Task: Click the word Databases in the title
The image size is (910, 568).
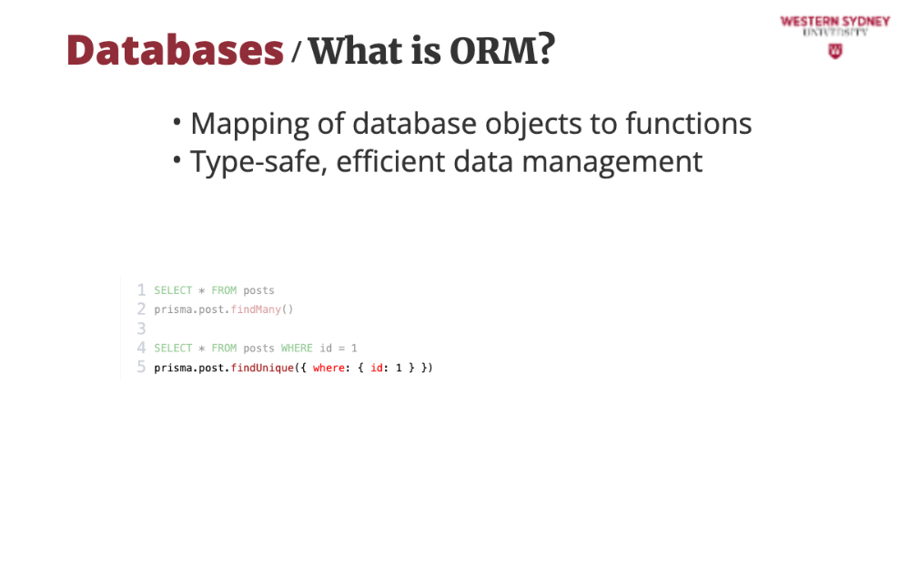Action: (175, 50)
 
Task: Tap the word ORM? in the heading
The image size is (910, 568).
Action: (502, 50)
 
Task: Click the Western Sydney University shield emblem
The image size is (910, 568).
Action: (835, 51)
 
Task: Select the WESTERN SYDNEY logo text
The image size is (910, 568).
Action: (835, 22)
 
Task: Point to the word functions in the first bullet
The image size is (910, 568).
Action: (688, 123)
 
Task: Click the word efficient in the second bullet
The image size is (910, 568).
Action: (390, 161)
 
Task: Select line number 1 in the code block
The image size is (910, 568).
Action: (141, 289)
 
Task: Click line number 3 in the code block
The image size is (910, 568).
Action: (141, 329)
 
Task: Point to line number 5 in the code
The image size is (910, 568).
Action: (141, 367)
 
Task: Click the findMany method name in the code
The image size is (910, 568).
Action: (256, 309)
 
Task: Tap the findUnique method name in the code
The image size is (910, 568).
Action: (262, 368)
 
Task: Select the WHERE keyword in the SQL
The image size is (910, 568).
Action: (297, 348)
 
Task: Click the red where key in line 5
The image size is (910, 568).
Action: (329, 368)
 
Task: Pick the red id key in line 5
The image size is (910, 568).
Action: (377, 368)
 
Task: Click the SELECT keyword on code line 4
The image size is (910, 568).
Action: (173, 348)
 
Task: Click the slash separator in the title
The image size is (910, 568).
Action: (296, 51)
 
